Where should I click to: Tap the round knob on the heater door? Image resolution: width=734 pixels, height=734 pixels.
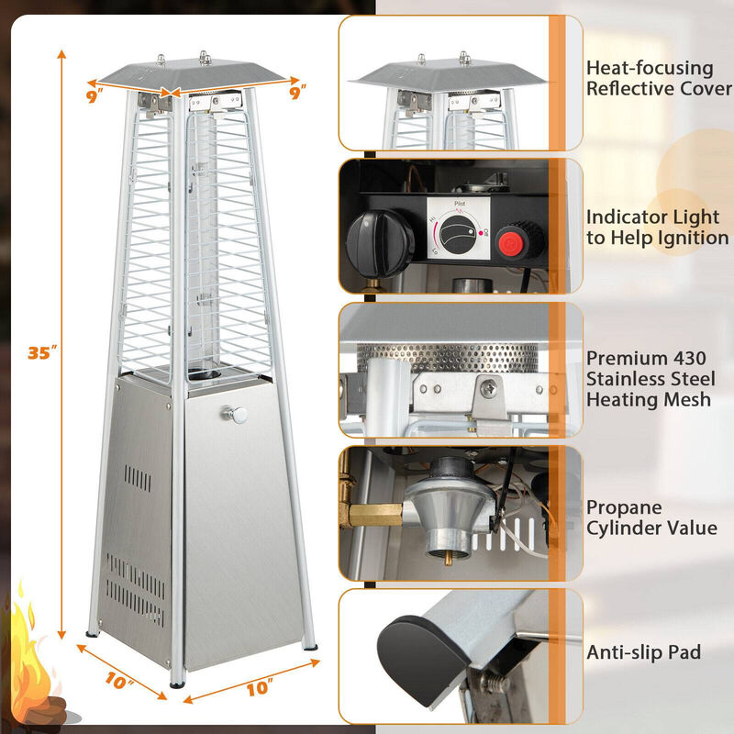click(x=239, y=415)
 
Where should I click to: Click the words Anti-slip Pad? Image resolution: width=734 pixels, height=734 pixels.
click(x=644, y=652)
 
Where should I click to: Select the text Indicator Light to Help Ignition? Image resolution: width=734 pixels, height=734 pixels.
click(x=652, y=228)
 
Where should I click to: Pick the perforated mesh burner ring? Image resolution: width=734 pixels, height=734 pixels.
click(x=450, y=358)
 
